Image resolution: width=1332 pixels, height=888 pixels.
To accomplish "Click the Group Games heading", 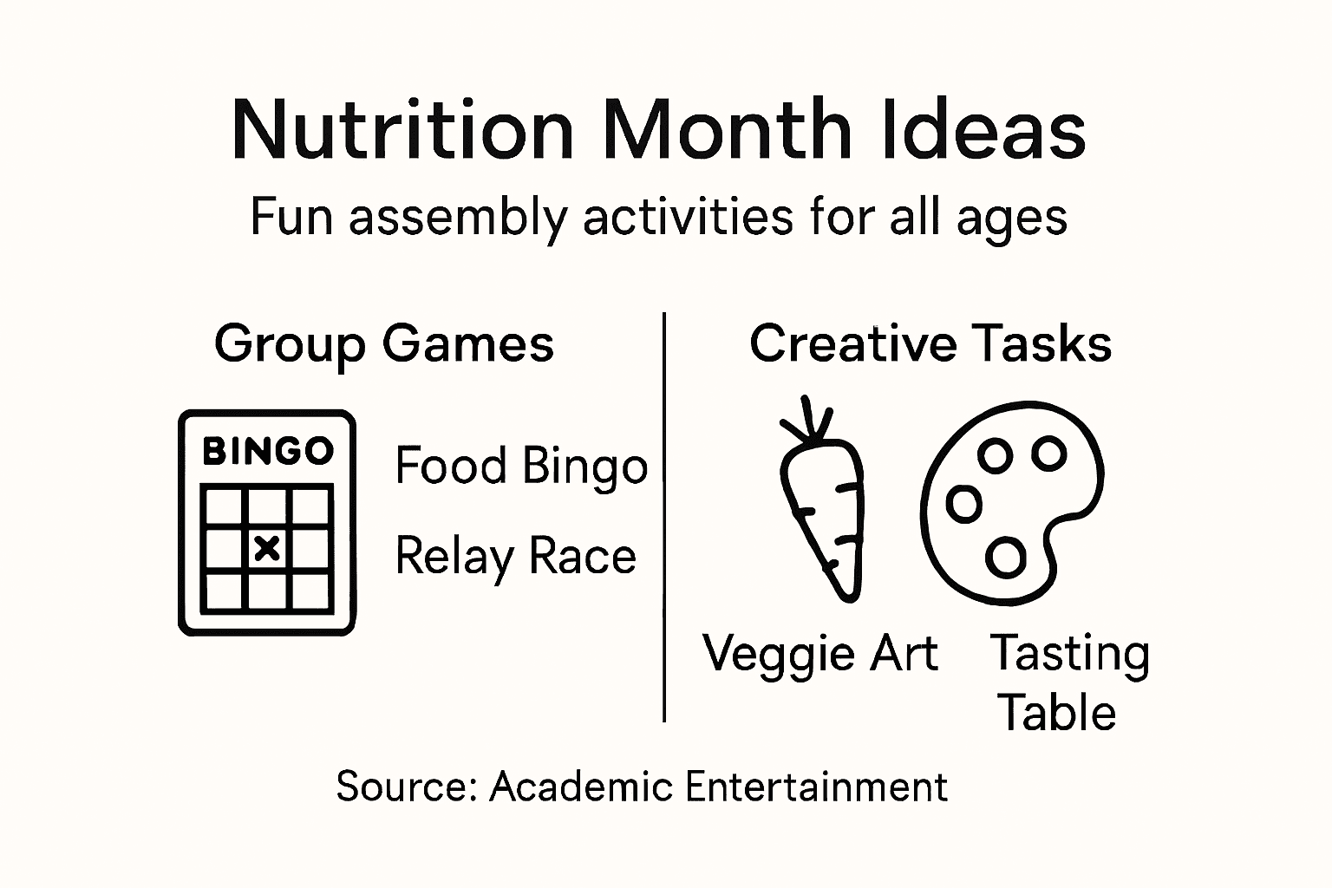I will pos(383,344).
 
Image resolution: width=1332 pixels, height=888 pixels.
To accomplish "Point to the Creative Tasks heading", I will pos(930,343).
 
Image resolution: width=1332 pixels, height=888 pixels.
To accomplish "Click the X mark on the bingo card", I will pos(267,548).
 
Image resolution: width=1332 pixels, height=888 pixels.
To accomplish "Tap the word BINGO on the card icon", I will pos(267,451).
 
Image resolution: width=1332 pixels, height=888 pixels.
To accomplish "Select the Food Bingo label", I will pos(521,467).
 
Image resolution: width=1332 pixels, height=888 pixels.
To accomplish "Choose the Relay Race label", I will pos(515,556).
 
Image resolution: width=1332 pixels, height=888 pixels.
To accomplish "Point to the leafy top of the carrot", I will pos(807,420).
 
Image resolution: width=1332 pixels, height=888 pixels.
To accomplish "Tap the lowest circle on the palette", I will pos(1006,558).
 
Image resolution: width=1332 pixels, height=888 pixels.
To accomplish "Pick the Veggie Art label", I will pos(820,653).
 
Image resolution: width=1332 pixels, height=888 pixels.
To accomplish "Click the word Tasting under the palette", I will pos(1070,654).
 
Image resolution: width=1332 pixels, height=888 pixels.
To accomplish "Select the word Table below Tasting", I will pos(1056,713).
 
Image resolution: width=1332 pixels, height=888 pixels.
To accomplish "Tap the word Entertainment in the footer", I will pos(815,787).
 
